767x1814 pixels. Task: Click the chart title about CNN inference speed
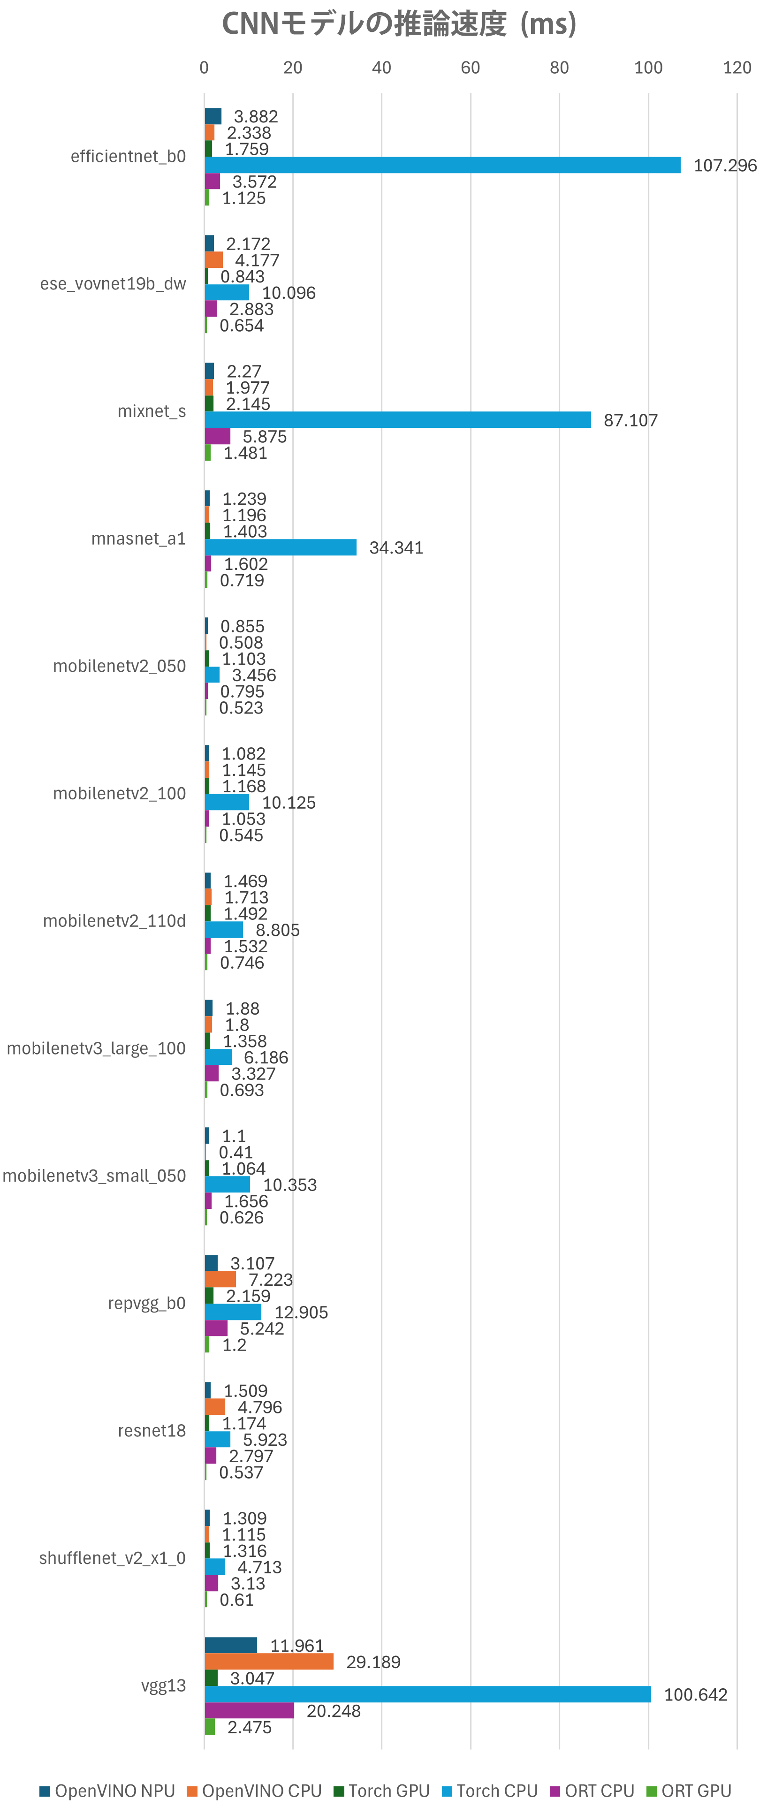click(x=399, y=24)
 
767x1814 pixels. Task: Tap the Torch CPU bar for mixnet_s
click(x=397, y=420)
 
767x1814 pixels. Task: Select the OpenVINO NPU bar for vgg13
click(x=231, y=1646)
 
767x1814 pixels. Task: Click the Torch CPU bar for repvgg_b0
click(x=233, y=1313)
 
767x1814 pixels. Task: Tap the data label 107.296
click(x=725, y=166)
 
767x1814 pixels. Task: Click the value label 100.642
click(x=695, y=1695)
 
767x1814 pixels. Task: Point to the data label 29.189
click(x=373, y=1662)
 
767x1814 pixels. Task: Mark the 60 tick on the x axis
click(x=471, y=68)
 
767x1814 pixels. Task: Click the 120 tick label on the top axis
click(x=737, y=68)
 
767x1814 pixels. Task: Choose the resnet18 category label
click(x=152, y=1431)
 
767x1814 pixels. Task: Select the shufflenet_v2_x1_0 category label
click(x=112, y=1558)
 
